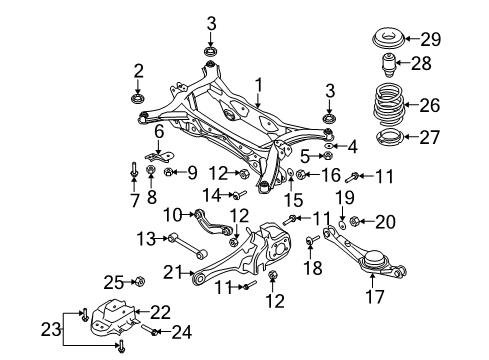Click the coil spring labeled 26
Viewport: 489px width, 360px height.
pyautogui.click(x=389, y=105)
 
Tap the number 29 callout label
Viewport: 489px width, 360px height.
pyautogui.click(x=431, y=39)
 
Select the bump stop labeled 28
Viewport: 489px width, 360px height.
pyautogui.click(x=388, y=64)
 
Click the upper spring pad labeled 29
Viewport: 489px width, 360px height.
pyautogui.click(x=388, y=39)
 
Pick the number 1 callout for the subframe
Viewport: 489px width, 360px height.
pyautogui.click(x=259, y=85)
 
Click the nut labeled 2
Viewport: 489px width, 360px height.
pyautogui.click(x=137, y=99)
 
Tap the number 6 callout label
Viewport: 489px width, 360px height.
pyautogui.click(x=159, y=132)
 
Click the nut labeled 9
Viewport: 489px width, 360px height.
pyautogui.click(x=169, y=172)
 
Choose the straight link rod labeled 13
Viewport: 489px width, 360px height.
pyautogui.click(x=188, y=247)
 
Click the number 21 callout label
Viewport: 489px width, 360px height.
pyautogui.click(x=173, y=272)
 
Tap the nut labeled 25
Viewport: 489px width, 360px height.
pyautogui.click(x=139, y=282)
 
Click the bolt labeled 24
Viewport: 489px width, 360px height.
pyautogui.click(x=149, y=330)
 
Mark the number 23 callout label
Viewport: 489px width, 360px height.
pyautogui.click(x=51, y=329)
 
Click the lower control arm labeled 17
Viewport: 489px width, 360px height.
pyautogui.click(x=365, y=254)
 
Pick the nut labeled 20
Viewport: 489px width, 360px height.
pyautogui.click(x=354, y=221)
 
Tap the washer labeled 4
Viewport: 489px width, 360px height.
pyautogui.click(x=328, y=146)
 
